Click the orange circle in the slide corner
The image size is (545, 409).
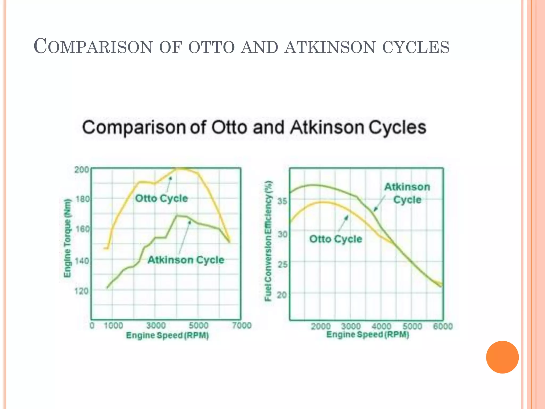click(x=502, y=357)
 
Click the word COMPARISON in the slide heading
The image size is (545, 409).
click(x=93, y=47)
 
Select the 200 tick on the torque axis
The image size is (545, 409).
click(x=81, y=170)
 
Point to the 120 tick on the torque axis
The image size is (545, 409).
click(x=81, y=291)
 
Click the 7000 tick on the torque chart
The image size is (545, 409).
click(x=242, y=325)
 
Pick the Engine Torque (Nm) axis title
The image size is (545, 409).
click(x=68, y=238)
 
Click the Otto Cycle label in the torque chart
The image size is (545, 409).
click(x=162, y=198)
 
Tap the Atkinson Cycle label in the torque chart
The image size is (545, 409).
click(x=186, y=260)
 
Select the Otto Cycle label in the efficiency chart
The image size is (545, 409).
click(x=336, y=239)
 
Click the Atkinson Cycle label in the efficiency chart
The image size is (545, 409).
click(x=407, y=193)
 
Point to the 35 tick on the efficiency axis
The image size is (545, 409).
click(x=283, y=201)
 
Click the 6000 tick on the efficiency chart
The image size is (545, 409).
click(x=443, y=326)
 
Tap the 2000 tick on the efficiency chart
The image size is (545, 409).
click(x=321, y=326)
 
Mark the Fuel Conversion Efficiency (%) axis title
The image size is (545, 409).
click(x=268, y=241)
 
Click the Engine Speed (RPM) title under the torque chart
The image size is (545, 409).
click(x=167, y=335)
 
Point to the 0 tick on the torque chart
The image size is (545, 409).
click(x=92, y=325)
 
